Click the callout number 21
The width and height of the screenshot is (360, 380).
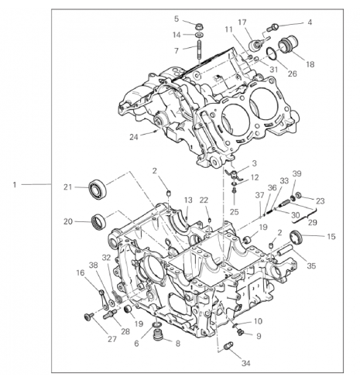click(67, 187)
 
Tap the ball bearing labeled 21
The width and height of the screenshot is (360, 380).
click(98, 189)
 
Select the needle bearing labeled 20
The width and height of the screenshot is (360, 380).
click(99, 222)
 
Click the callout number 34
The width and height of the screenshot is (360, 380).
click(245, 363)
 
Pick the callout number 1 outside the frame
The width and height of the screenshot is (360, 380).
click(15, 185)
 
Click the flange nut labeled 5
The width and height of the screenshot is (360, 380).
click(199, 26)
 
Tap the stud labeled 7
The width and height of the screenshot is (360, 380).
click(199, 51)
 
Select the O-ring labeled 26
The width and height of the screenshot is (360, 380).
click(272, 54)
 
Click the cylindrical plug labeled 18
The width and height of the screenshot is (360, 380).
click(288, 45)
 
